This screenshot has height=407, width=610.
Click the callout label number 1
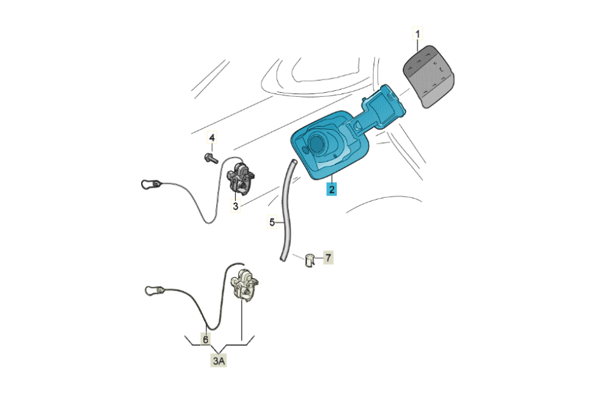tap(418, 34)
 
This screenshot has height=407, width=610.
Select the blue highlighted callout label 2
tap(332, 190)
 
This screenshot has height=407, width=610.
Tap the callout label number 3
tap(235, 205)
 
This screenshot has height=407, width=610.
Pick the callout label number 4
tap(212, 138)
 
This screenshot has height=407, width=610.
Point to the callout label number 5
tap(272, 223)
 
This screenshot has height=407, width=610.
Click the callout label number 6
tap(205, 340)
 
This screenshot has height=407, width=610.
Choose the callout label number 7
tap(328, 258)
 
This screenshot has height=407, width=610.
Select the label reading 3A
tap(219, 361)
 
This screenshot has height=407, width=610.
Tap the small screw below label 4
tap(211, 158)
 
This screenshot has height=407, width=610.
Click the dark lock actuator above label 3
tap(240, 178)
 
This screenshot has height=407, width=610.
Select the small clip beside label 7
tap(309, 261)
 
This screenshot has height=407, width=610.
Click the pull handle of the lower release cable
tap(154, 291)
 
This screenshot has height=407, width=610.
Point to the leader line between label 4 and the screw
tap(212, 149)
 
